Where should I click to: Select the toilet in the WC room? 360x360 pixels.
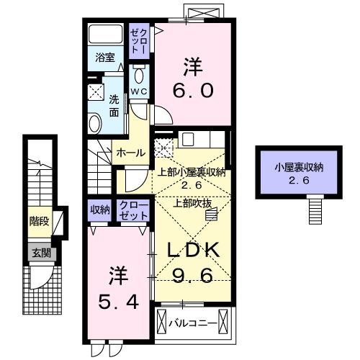click(x=139, y=76)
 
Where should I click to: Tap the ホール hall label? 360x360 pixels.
click(x=130, y=153)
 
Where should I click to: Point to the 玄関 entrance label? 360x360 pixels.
click(x=39, y=253)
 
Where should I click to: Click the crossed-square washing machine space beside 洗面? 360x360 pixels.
click(x=95, y=91)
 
